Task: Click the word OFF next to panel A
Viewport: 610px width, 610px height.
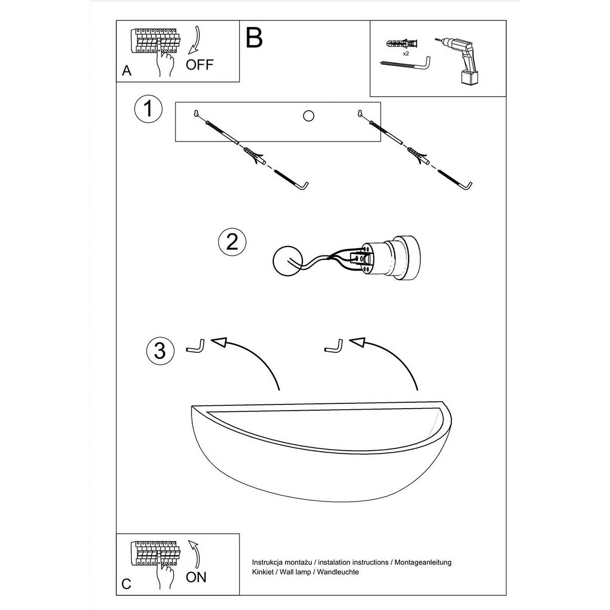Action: point(200,65)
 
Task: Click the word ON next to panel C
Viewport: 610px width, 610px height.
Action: point(196,577)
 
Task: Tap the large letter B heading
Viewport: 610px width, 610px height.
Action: point(255,38)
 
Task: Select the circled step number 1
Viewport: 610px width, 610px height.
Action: point(148,108)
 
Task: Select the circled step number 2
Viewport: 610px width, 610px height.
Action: point(232,242)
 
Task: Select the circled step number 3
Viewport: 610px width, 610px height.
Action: point(160,351)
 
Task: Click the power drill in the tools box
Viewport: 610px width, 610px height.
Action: point(460,60)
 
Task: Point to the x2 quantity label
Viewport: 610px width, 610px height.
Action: point(406,53)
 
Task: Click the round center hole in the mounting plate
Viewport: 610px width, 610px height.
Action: point(309,116)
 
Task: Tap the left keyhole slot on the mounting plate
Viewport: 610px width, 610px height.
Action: point(197,113)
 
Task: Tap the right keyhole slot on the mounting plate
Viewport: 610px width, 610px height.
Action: point(360,113)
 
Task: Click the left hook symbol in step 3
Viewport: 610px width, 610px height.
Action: point(197,346)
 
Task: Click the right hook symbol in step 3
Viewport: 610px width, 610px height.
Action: point(334,346)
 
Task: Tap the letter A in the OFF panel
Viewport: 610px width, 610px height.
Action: point(127,71)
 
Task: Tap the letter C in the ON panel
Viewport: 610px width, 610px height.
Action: point(126,584)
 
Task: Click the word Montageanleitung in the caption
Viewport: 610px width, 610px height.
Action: point(423,562)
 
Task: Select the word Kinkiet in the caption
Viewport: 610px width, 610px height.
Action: point(262,572)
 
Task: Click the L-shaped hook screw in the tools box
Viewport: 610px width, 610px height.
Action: point(405,64)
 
